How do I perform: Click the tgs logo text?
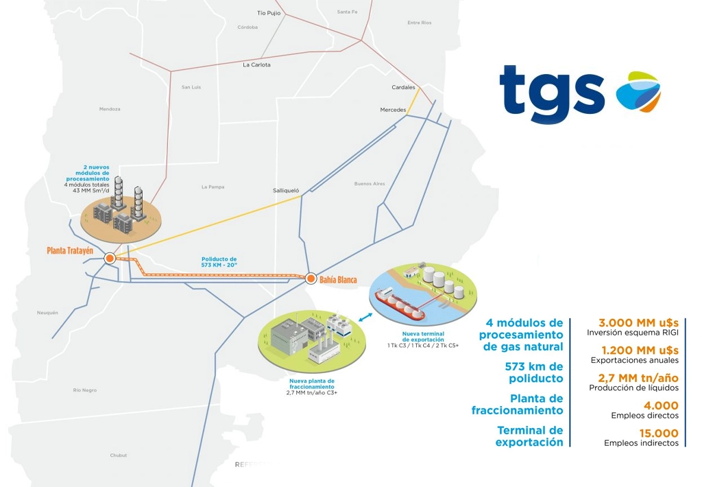[x=551, y=93]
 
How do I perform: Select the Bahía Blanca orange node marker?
[x=311, y=278]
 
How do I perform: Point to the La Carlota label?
[x=256, y=65]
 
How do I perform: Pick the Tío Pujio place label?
[x=269, y=13]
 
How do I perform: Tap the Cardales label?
[x=403, y=88]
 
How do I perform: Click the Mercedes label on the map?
[x=393, y=110]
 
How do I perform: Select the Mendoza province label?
[x=110, y=109]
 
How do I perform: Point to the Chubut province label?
[x=119, y=455]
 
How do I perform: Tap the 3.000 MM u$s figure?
[x=638, y=322]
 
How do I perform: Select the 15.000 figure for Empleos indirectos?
[x=659, y=433]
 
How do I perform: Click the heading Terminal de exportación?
[x=529, y=436]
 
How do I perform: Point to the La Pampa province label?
[x=213, y=187]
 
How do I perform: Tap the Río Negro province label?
[x=85, y=390]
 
